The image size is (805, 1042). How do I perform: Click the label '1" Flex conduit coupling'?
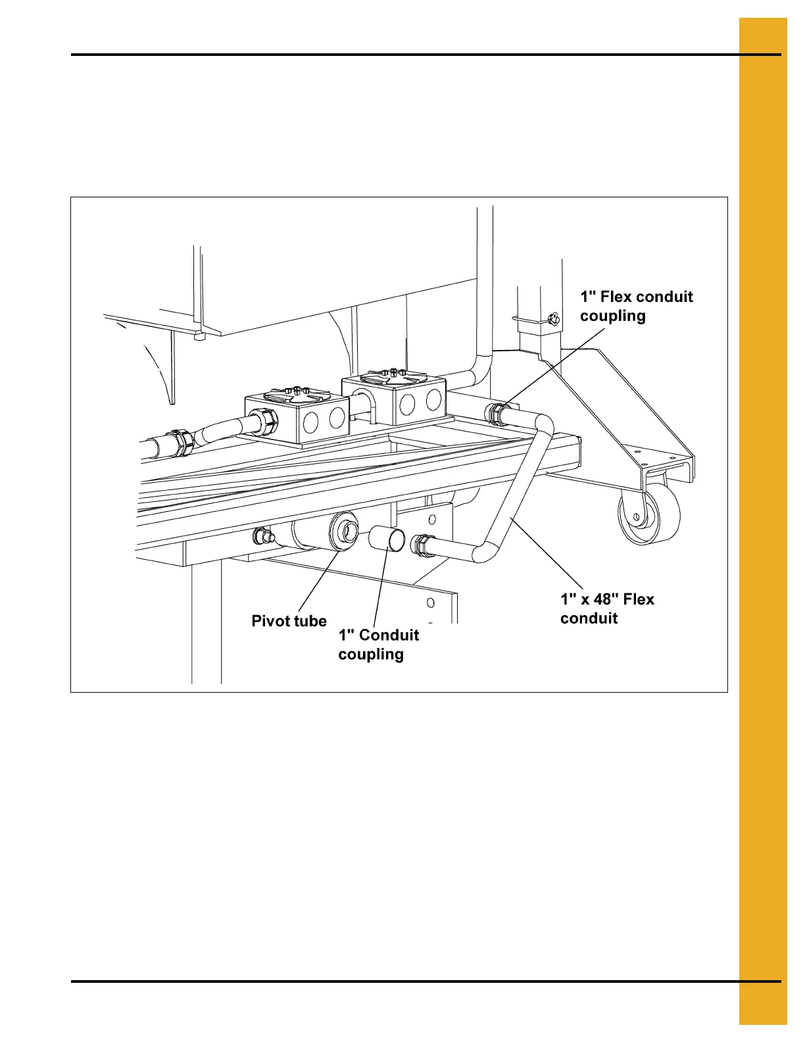coord(636,306)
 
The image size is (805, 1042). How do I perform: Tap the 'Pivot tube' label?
coord(289,621)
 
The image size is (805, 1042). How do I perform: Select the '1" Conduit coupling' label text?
coord(378,644)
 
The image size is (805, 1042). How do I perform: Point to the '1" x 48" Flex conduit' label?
coord(607,608)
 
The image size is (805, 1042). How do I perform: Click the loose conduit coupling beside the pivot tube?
coord(387,539)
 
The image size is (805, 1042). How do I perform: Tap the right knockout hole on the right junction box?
coord(433,399)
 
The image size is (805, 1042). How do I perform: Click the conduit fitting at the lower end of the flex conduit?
coord(421,545)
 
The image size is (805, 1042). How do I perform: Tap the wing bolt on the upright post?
coord(552,320)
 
